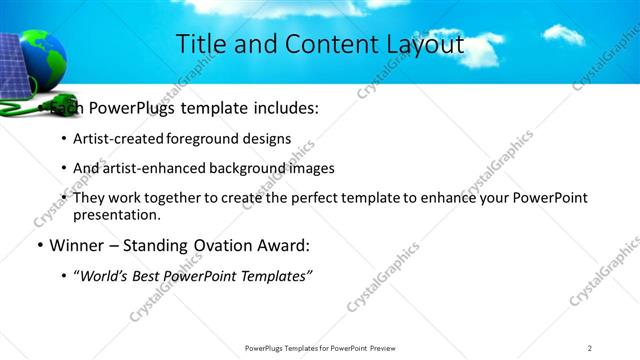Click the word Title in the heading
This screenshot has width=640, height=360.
click(200, 45)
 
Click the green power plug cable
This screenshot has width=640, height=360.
click(30, 101)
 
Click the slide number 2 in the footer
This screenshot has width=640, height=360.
click(590, 348)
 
